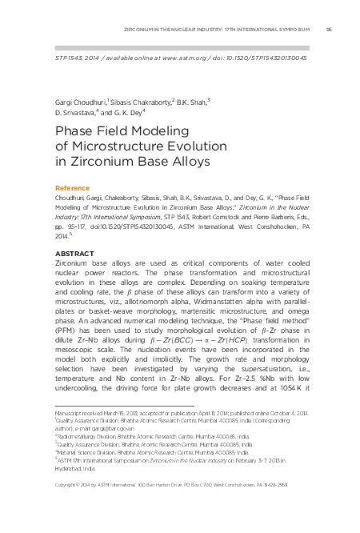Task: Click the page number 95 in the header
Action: click(x=330, y=30)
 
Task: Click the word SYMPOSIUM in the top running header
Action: click(x=293, y=30)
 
